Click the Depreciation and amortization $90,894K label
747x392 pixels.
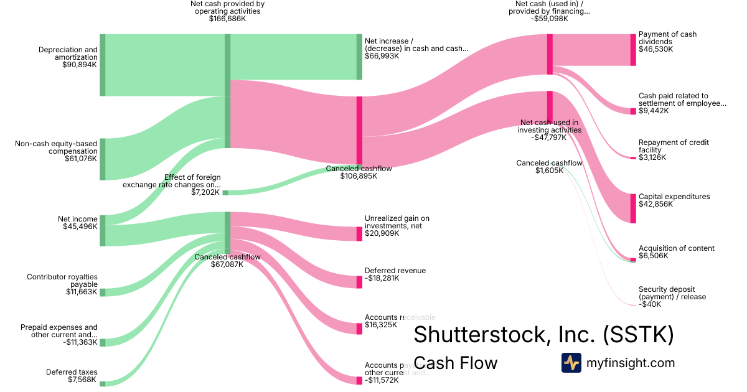point(68,57)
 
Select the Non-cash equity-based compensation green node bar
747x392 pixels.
point(103,159)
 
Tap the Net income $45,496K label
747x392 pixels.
point(78,223)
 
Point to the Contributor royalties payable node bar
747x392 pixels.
point(103,292)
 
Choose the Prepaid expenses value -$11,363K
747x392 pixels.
point(80,342)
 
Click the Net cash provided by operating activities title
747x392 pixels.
point(227,11)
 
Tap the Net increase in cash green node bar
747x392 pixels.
point(359,57)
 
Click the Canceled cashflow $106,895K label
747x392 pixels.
point(359,172)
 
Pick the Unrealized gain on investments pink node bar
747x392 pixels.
point(359,234)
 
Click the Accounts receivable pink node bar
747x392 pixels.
point(359,329)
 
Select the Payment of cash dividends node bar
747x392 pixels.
point(633,50)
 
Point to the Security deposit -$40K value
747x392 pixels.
point(651,304)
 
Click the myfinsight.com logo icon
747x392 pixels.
point(571,363)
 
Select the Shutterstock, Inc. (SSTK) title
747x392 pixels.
point(543,334)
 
